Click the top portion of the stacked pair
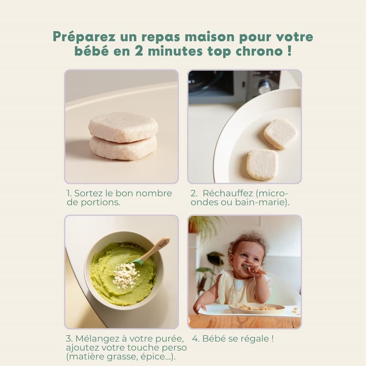[x=123, y=127]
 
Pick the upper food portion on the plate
[x=281, y=134]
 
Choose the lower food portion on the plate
[x=262, y=165]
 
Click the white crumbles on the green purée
[x=125, y=275]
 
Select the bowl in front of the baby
[x=257, y=308]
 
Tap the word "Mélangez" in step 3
[x=97, y=339]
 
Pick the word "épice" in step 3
[x=152, y=357]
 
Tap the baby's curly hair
[x=248, y=242]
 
